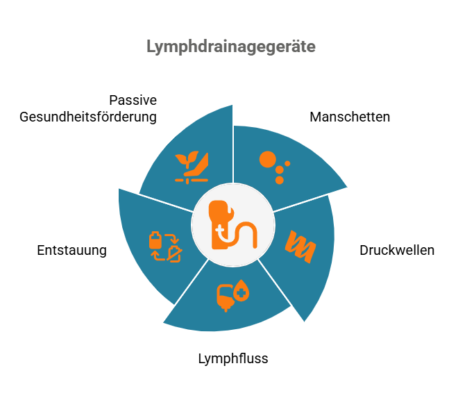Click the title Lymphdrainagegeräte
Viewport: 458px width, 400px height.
[231, 47]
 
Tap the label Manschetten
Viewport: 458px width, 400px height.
[350, 117]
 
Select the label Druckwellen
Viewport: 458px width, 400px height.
[397, 250]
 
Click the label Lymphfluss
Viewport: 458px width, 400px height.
[233, 359]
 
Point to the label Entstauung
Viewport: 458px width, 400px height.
[71, 250]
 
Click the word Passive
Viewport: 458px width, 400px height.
[133, 99]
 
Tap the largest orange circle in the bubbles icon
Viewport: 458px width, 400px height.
[268, 160]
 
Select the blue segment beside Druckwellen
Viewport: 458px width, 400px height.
[309, 278]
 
